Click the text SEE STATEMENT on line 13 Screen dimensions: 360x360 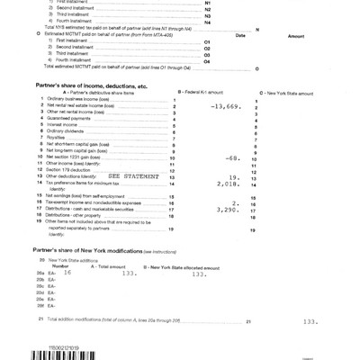pos(132,176)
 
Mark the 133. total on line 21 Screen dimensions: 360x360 pos(310,320)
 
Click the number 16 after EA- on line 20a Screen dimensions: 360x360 pos(67,272)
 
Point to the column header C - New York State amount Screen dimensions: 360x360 pos(286,93)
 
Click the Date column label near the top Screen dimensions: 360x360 pos(239,34)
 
